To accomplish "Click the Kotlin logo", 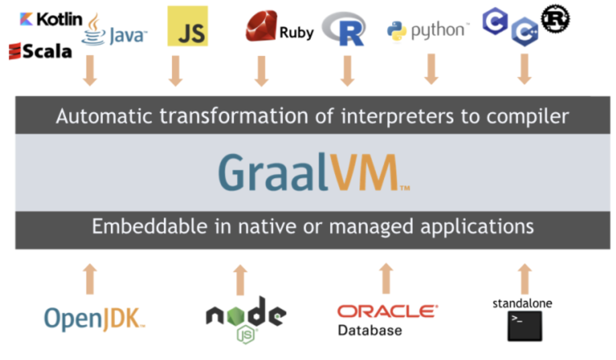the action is pos(51,19).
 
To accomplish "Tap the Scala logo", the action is pos(40,51).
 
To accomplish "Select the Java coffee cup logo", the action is pos(94,30).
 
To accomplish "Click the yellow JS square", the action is pos(188,26).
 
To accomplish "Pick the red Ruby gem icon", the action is pos(261,26).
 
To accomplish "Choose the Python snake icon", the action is pos(397,31).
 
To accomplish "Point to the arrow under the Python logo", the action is pos(431,70).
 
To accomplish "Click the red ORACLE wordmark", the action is pos(388,312).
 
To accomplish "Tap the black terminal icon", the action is pos(525,326).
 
